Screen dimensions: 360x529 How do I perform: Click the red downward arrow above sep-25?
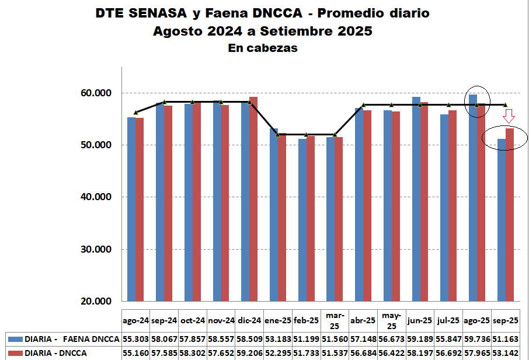pos(509,116)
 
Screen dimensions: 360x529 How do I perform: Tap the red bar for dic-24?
pos(253,198)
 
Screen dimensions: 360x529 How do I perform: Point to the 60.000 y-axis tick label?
pos(95,93)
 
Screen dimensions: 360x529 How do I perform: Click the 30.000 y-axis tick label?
pos(95,250)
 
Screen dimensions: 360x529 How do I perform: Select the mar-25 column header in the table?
pos(335,320)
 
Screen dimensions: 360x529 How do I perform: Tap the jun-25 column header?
pos(420,320)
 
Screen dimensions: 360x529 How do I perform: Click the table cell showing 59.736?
pos(477,339)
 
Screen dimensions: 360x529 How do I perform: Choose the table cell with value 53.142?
pos(505,353)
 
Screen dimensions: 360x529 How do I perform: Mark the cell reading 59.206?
pos(250,353)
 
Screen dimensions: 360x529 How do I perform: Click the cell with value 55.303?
pos(136,339)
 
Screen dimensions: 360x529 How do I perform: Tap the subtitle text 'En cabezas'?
pos(263,48)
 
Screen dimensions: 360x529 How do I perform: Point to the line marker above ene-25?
pos(278,134)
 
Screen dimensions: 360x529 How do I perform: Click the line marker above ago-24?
pos(136,112)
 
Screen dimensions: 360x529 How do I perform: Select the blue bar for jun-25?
pos(416,198)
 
